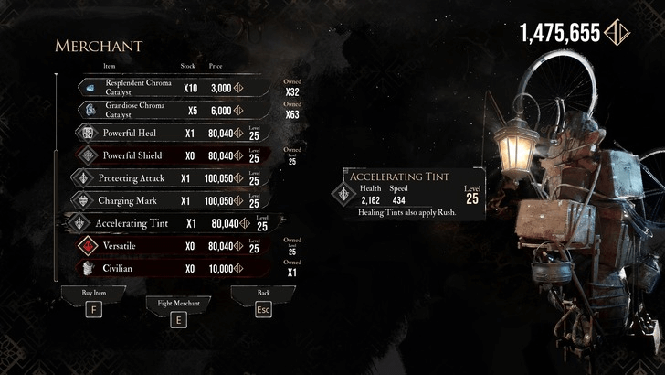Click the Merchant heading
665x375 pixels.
coord(99,46)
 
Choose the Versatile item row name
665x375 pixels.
coord(119,246)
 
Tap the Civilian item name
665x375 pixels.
coord(119,269)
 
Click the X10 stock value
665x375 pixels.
coord(190,89)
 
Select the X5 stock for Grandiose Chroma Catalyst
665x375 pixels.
coord(192,111)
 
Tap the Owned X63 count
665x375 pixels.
coord(292,115)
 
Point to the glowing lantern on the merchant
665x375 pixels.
coord(513,143)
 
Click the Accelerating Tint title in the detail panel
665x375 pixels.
coord(400,177)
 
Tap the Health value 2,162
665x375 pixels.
coord(371,199)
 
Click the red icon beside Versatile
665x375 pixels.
coord(88,246)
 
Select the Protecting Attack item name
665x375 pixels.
coord(132,177)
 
